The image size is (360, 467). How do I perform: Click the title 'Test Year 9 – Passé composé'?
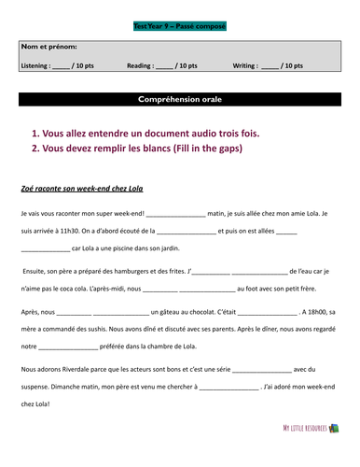coord(179,26)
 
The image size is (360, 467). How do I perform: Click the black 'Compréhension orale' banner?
coord(179,99)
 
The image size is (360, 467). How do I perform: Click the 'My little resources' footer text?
coord(305,455)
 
